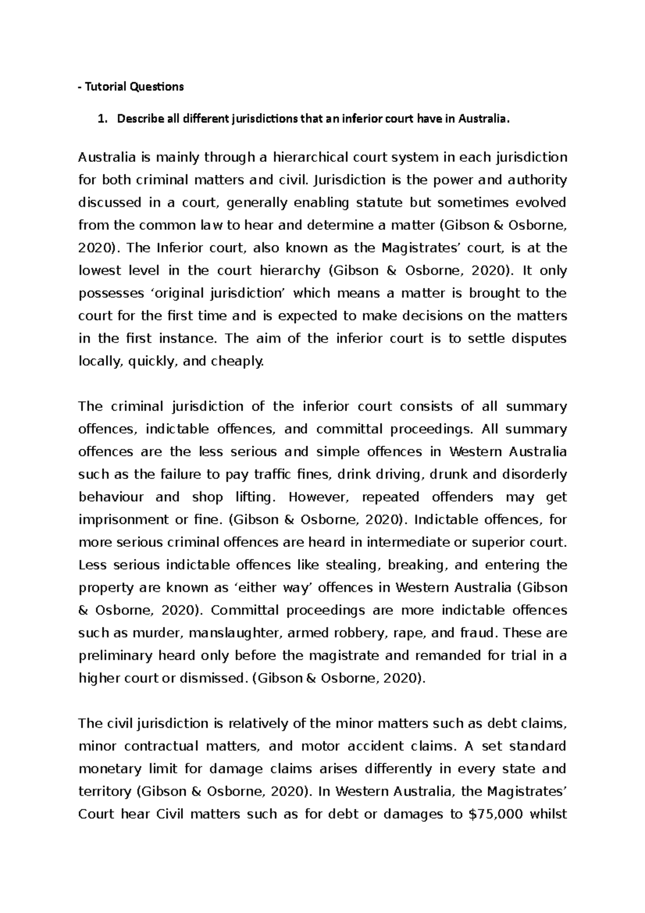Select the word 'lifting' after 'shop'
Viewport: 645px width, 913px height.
pos(256,497)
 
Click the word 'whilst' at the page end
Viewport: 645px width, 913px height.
pos(548,814)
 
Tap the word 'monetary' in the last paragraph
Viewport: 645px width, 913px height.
pos(106,769)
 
